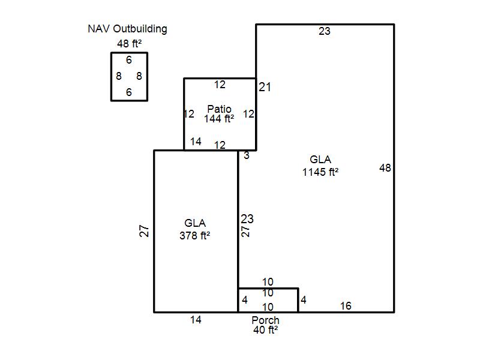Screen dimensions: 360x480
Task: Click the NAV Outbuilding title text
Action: tap(127, 29)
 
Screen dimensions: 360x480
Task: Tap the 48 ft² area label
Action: tap(129, 43)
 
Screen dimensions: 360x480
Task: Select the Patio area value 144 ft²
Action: tap(219, 119)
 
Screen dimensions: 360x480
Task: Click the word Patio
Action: tap(219, 109)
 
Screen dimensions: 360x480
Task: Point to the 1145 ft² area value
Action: tap(320, 172)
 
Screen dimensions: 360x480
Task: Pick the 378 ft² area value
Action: tap(195, 236)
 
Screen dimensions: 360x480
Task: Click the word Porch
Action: tap(265, 320)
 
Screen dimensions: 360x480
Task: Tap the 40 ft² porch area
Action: tap(265, 330)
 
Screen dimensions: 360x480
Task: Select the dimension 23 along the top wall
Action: tap(325, 31)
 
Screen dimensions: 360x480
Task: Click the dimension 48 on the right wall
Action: tap(385, 168)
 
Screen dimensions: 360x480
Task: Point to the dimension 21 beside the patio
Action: tap(265, 87)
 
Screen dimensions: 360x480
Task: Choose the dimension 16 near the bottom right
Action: tap(346, 306)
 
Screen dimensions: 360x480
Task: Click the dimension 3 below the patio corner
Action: tap(247, 156)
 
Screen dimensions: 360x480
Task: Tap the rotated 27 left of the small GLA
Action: tap(144, 231)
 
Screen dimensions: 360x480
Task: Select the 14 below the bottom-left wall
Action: tap(196, 320)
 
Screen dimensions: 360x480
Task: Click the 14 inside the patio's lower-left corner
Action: tap(196, 142)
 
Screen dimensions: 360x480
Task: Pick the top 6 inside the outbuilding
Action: tap(129, 60)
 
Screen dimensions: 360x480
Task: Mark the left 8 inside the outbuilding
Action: tap(119, 76)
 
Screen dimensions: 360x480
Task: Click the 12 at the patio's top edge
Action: tap(220, 85)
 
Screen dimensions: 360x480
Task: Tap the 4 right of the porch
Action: tap(304, 300)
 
